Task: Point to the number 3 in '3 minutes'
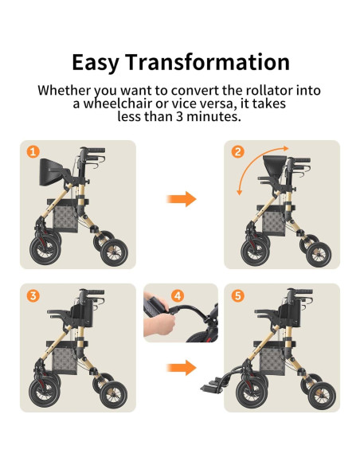(189, 117)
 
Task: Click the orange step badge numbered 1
(33, 152)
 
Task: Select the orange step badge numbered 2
(237, 151)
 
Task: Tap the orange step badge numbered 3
(33, 295)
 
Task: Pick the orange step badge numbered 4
(177, 295)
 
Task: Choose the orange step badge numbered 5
(237, 295)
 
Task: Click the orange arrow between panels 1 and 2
(184, 198)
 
